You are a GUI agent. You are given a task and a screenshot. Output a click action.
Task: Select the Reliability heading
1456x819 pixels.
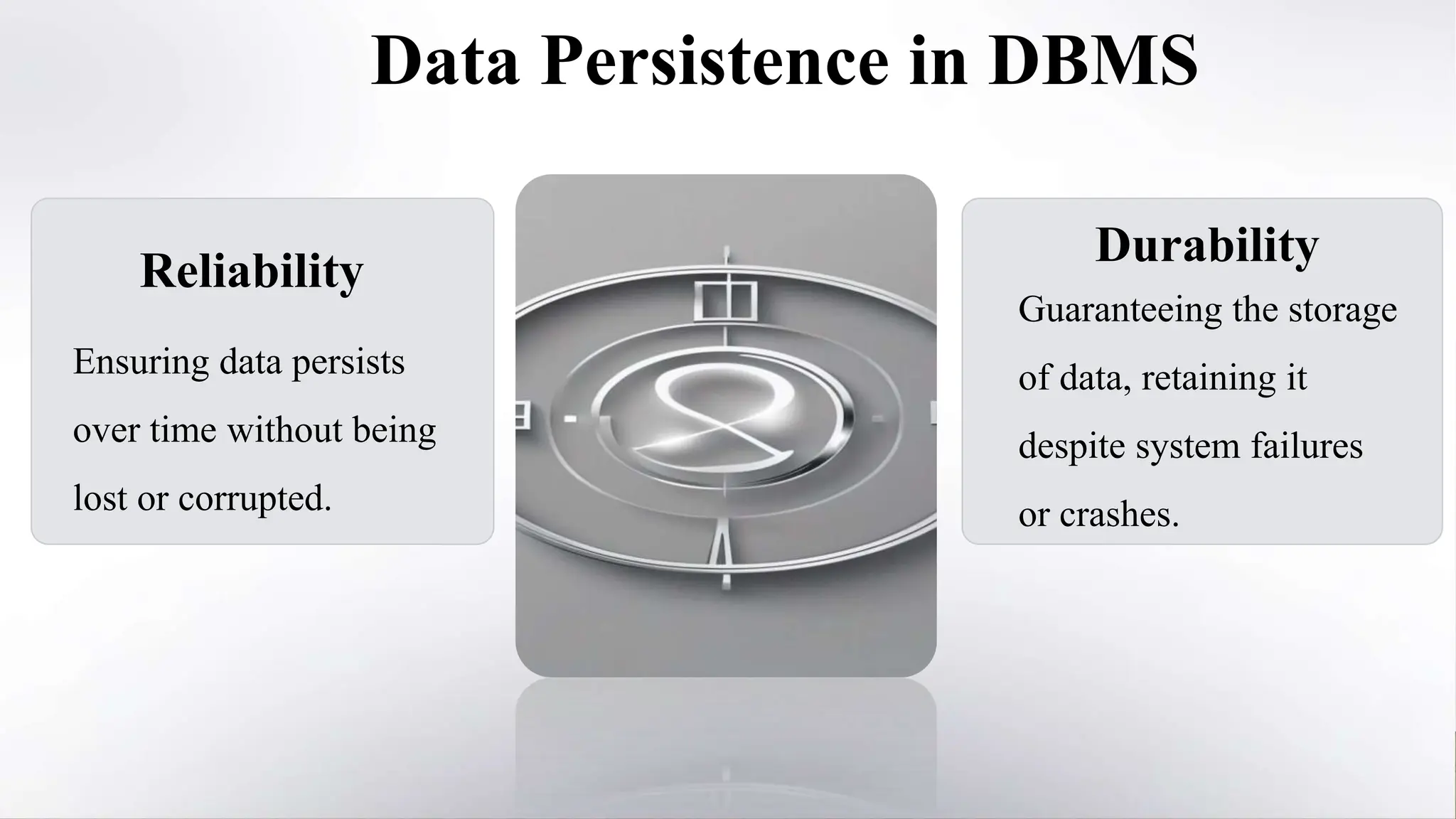pos(252,271)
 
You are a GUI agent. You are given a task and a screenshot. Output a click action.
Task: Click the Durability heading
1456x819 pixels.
pos(1206,245)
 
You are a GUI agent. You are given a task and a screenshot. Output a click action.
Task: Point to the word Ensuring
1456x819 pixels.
pos(141,363)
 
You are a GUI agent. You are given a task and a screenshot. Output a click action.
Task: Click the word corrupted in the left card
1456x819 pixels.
pos(255,498)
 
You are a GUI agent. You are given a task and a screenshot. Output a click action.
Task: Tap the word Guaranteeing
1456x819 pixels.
pos(1118,310)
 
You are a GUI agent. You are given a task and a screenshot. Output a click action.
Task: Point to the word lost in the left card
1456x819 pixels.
pos(99,498)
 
